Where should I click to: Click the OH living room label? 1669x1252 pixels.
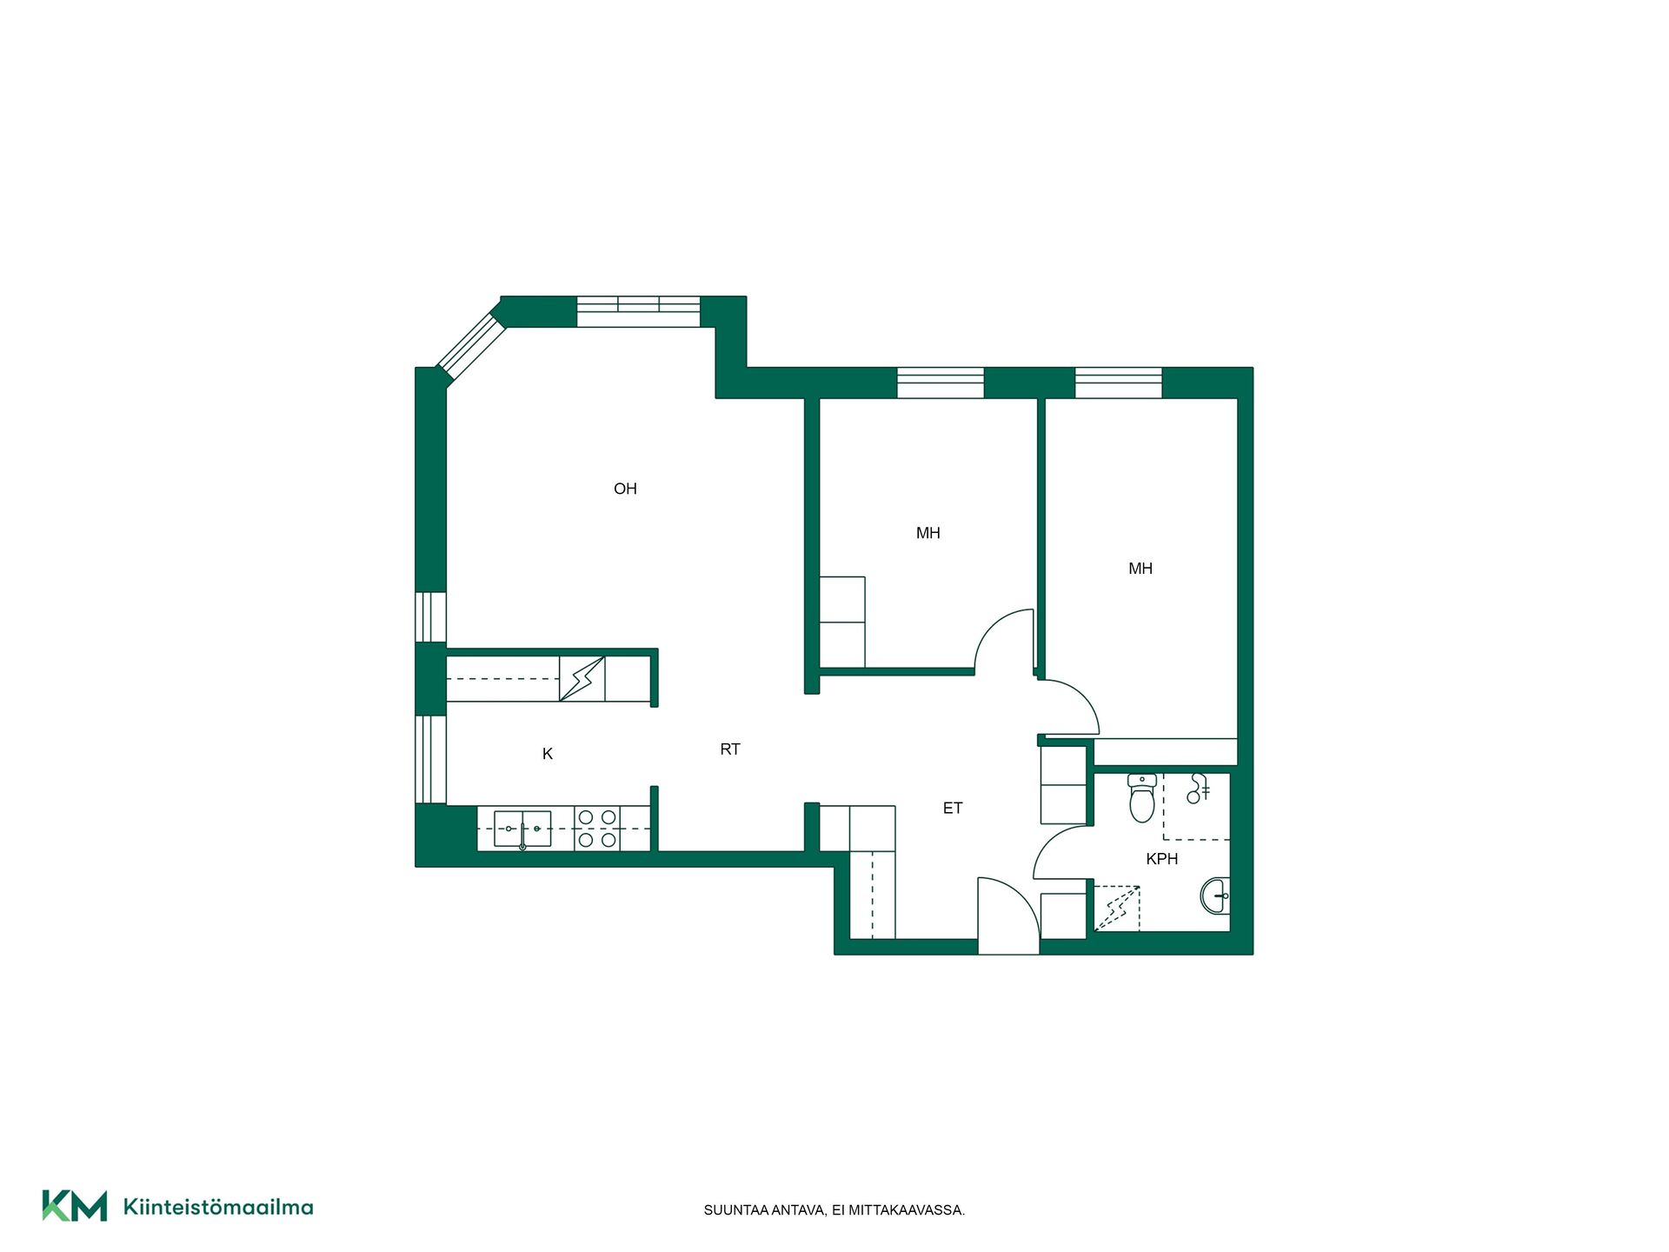[x=625, y=489]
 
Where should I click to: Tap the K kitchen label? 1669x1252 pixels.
[x=548, y=754]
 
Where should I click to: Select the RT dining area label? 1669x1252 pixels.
[x=730, y=749]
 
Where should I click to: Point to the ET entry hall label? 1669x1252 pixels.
[x=953, y=808]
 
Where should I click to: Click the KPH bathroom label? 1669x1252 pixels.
[x=1162, y=859]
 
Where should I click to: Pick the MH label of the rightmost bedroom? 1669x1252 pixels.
[x=1140, y=569]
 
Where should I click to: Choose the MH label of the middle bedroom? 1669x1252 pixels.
[x=928, y=533]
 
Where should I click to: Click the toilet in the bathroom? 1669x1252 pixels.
[x=1141, y=798]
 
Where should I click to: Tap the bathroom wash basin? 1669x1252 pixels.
[x=1215, y=896]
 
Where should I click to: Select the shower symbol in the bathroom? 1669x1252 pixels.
[x=1199, y=788]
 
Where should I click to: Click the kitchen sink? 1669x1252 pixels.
[x=522, y=829]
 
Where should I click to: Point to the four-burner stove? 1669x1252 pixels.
[x=597, y=829]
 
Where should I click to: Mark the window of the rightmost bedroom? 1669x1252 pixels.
[x=1119, y=383]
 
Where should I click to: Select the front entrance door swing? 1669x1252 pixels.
[x=1008, y=916]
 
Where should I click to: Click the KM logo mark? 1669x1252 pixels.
[x=75, y=1206]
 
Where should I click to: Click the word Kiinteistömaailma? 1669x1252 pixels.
[x=218, y=1207]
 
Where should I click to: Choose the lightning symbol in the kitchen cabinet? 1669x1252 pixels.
[x=582, y=679]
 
